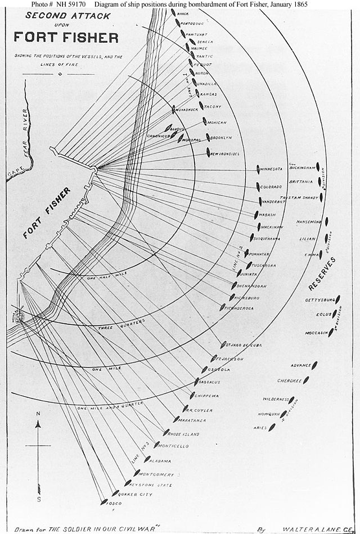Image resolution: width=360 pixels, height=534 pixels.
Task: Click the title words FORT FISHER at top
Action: coord(66,38)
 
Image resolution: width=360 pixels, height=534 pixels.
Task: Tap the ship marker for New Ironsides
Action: coord(208,152)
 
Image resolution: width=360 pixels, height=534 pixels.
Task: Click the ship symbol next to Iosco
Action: coord(103,501)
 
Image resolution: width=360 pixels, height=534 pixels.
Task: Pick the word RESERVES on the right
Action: coord(322,274)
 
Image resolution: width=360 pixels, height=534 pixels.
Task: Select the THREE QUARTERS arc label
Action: coord(121,324)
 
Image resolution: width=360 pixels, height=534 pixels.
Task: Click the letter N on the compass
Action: coord(38,414)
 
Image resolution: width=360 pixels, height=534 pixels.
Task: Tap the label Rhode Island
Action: coord(184,434)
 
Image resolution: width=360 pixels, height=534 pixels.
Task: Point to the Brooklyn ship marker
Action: coord(208,137)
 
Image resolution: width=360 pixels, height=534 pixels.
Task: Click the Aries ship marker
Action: coord(272,427)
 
